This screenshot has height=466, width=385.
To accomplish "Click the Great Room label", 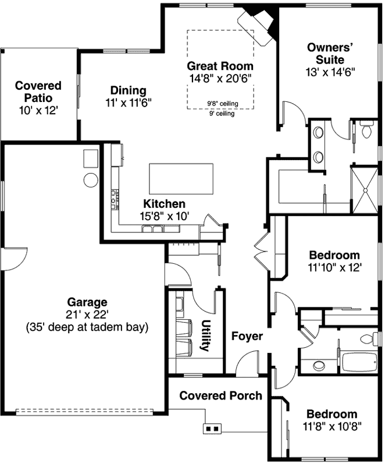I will point(220,66).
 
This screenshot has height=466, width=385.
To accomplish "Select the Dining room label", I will point(128,90).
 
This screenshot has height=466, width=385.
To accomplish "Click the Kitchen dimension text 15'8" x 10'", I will point(165,216).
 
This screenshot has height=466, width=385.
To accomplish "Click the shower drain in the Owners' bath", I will point(364,190).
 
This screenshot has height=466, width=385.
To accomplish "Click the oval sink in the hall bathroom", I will point(318,366).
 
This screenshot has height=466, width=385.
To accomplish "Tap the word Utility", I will point(205,336).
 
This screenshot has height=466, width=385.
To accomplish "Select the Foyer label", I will point(247,336).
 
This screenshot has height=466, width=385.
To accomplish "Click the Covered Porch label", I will point(220,396).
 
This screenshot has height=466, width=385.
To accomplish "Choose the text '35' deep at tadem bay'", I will point(87,327).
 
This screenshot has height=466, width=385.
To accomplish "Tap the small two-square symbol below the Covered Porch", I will point(211,429).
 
